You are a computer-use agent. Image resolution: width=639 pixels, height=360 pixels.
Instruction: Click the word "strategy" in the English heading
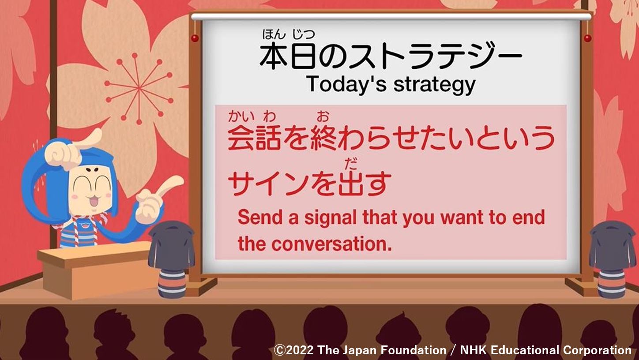(435, 85)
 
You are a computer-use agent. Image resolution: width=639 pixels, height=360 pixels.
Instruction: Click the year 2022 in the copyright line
(300, 350)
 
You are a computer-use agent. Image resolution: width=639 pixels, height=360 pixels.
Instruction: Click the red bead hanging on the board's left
(195, 38)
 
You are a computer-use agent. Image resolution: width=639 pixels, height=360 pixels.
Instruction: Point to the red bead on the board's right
(588, 38)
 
